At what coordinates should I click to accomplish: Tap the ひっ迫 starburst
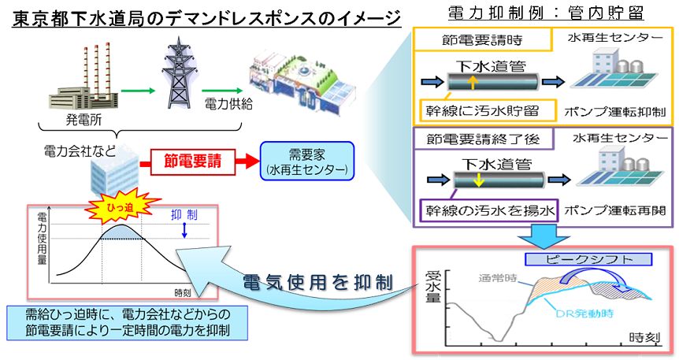pyautogui.click(x=115, y=207)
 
